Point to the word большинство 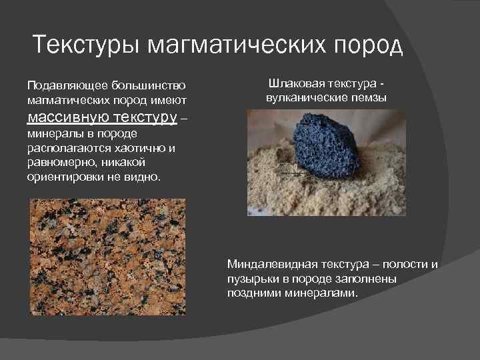tap(147, 86)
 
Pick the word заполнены tap(369, 279)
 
